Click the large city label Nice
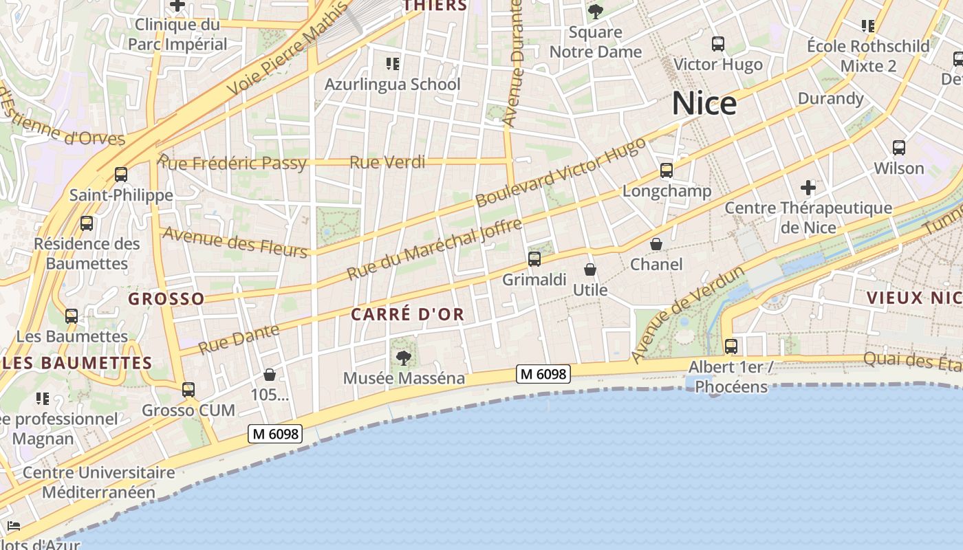pyautogui.click(x=704, y=104)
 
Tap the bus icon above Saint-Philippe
pyautogui.click(x=121, y=175)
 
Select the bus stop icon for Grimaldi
pyautogui.click(x=534, y=259)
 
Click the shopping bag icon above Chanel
pyautogui.click(x=656, y=244)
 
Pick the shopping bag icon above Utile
pyautogui.click(x=590, y=269)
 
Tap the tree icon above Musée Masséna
pyautogui.click(x=404, y=357)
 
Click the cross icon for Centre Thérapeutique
pyautogui.click(x=808, y=187)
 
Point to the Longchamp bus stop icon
pyautogui.click(x=666, y=170)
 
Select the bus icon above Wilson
pyautogui.click(x=898, y=148)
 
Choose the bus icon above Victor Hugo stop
pyautogui.click(x=718, y=44)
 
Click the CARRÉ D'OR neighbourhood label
pyautogui.click(x=408, y=315)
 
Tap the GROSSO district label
pyautogui.click(x=166, y=299)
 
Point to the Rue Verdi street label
pyautogui.click(x=387, y=163)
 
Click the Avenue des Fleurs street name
pyautogui.click(x=235, y=243)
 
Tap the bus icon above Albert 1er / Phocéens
pyautogui.click(x=731, y=346)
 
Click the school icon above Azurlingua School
pyautogui.click(x=393, y=64)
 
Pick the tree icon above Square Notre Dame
pyautogui.click(x=596, y=12)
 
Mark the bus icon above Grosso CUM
pyautogui.click(x=188, y=390)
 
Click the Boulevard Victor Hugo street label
pyautogui.click(x=561, y=172)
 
